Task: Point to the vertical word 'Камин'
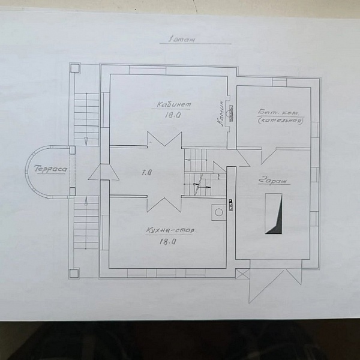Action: pos(221,113)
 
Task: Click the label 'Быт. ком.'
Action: pos(279,113)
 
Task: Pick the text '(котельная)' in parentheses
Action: pos(280,121)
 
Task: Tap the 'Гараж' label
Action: pos(273,180)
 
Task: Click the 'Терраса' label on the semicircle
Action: pos(51,169)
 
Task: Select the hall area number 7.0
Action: pos(146,172)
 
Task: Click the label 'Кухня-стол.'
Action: pos(171,230)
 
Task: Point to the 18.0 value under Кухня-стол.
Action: pos(167,241)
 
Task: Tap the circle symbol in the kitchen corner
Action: pos(219,212)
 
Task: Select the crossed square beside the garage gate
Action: pos(242,274)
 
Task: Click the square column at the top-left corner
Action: pos(75,68)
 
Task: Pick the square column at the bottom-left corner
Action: pos(74,274)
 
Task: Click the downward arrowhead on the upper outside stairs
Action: pos(86,141)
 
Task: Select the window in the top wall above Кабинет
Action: pos(148,70)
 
